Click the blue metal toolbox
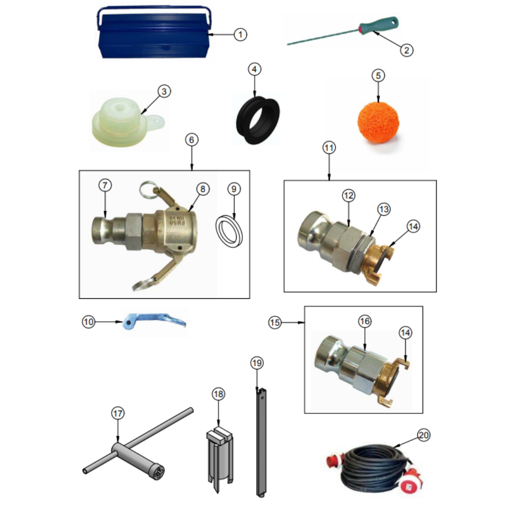click(154, 33)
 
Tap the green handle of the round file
click(378, 25)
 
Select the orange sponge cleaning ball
click(378, 122)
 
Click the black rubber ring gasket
click(258, 120)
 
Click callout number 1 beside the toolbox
click(240, 35)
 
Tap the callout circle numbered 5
click(378, 76)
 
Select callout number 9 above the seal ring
click(234, 189)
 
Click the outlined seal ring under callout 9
click(229, 231)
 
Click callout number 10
click(88, 322)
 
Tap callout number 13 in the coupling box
click(384, 209)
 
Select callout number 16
click(364, 321)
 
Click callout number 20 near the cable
click(423, 435)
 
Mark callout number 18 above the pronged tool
click(218, 394)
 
